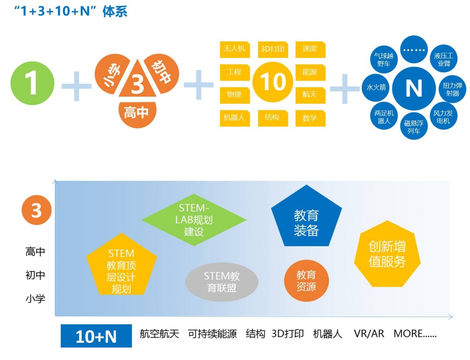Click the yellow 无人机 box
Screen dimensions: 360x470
point(235,49)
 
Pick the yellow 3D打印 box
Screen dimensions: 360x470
point(273,49)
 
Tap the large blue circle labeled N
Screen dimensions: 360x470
point(414,88)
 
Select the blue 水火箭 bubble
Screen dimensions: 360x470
point(376,87)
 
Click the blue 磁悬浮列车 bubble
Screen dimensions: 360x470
point(414,126)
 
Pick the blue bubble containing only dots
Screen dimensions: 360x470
point(414,50)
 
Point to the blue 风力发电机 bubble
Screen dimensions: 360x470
point(443,117)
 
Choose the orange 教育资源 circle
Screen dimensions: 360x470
point(306,280)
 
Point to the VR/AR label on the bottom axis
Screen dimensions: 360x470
point(369,334)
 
